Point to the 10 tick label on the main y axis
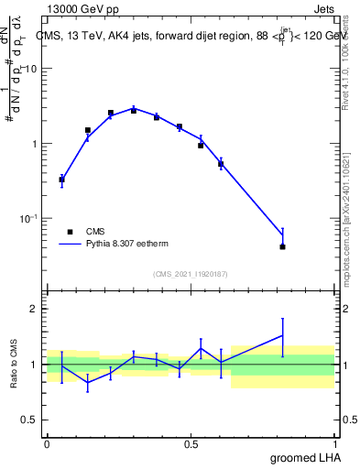30,70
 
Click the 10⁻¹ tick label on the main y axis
28,218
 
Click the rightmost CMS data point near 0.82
282,246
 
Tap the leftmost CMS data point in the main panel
61,180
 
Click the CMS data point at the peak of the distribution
133,110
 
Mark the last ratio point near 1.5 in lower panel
282,335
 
